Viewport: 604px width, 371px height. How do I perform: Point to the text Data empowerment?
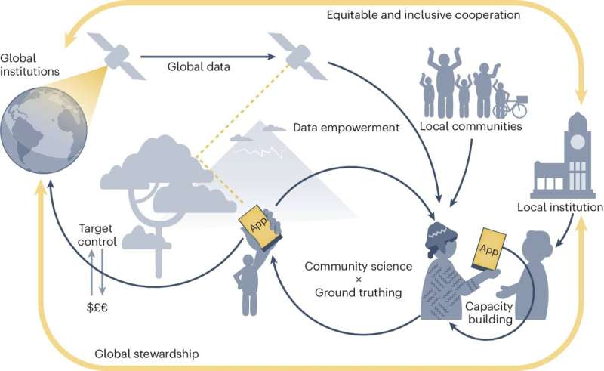346,128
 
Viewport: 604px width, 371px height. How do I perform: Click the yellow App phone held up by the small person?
254,221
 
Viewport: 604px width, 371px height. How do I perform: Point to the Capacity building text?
488,313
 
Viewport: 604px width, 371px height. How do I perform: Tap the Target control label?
99,236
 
